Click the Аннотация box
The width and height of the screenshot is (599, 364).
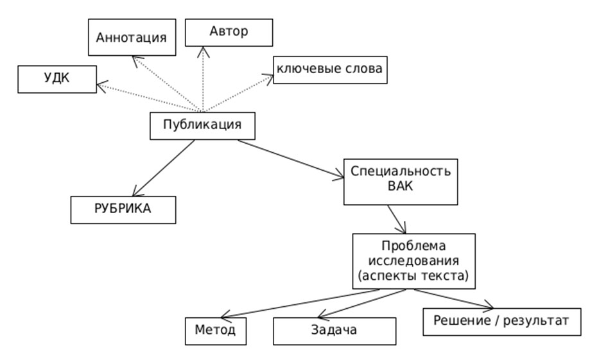[x=131, y=37]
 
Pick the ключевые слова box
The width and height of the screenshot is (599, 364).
[x=331, y=71]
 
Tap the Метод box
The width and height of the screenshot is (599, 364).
[x=215, y=331]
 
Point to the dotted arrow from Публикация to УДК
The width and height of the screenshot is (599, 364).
[x=148, y=97]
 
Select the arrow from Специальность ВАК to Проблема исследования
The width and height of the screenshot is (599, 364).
[x=397, y=220]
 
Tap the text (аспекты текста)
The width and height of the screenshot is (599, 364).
[x=414, y=276]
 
